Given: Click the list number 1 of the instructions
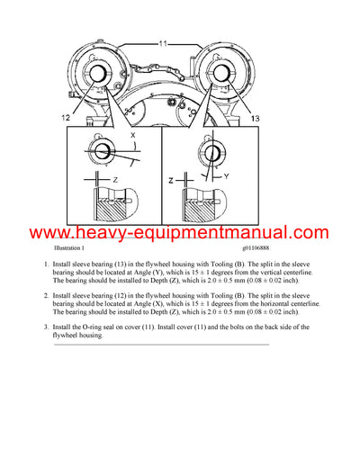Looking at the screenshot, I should point(47,265).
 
